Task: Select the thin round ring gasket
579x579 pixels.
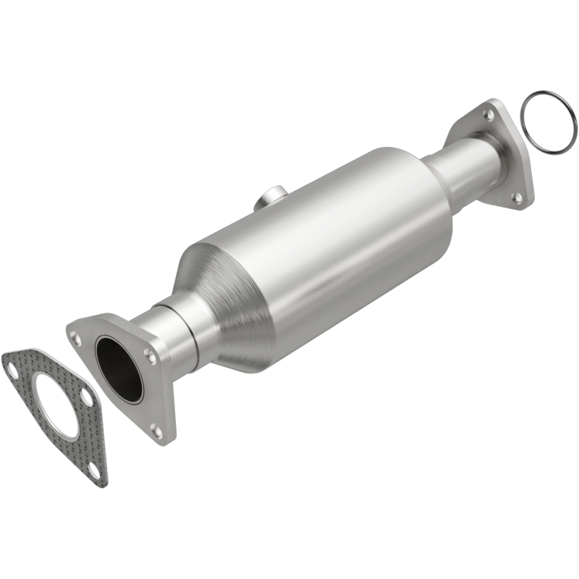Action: (549, 123)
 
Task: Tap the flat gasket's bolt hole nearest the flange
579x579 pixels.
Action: (86, 397)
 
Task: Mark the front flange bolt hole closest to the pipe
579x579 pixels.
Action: (150, 354)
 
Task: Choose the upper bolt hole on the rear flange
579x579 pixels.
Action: (489, 115)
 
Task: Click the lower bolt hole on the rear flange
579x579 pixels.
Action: (517, 196)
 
